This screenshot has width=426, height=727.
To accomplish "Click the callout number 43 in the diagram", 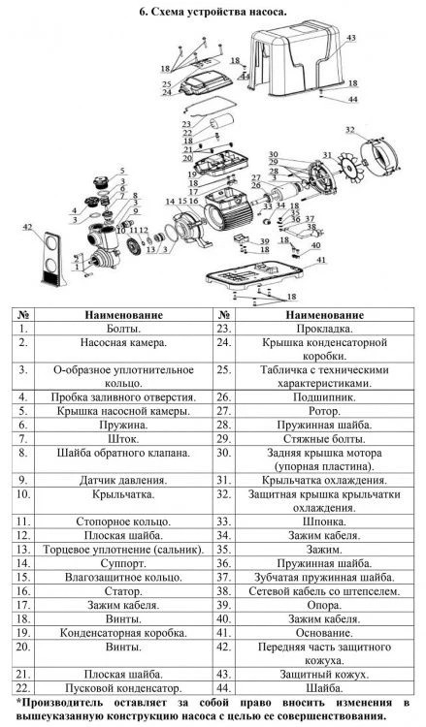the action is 351,38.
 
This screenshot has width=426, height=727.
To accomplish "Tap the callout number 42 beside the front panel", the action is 28,227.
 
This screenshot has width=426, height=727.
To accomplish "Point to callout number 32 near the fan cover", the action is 350,130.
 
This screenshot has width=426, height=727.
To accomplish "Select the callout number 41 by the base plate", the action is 321,260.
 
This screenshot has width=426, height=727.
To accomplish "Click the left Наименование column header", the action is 123,315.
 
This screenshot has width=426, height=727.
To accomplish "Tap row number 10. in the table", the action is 23,494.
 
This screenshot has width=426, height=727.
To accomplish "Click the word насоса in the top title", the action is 269,12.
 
